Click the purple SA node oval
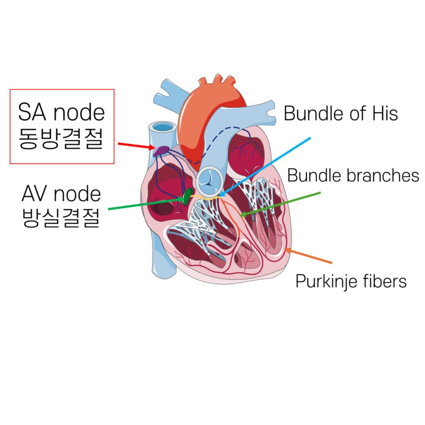point(161,151)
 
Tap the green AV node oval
point(188,196)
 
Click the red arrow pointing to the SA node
point(136,146)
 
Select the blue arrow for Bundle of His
point(264,167)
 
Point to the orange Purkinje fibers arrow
point(308,255)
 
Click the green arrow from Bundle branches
point(280,204)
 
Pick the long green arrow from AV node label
point(147,204)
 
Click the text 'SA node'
point(61,112)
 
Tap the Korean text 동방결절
point(61,139)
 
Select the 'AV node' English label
point(61,194)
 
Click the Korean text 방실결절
point(61,217)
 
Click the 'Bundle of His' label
point(341,113)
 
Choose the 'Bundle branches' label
point(353,175)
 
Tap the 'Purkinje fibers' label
point(351,281)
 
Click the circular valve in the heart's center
point(210,181)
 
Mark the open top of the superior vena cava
point(163,127)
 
